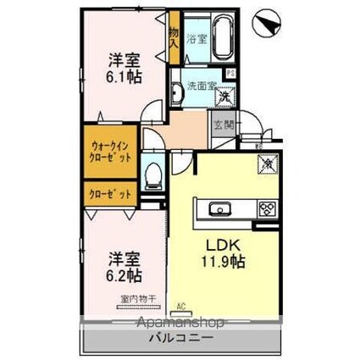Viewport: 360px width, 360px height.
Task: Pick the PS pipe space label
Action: [231, 72]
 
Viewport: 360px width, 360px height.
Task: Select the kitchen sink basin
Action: [217, 208]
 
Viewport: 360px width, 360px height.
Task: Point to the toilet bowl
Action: [154, 175]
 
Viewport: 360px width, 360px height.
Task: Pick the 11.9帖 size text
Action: [223, 263]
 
